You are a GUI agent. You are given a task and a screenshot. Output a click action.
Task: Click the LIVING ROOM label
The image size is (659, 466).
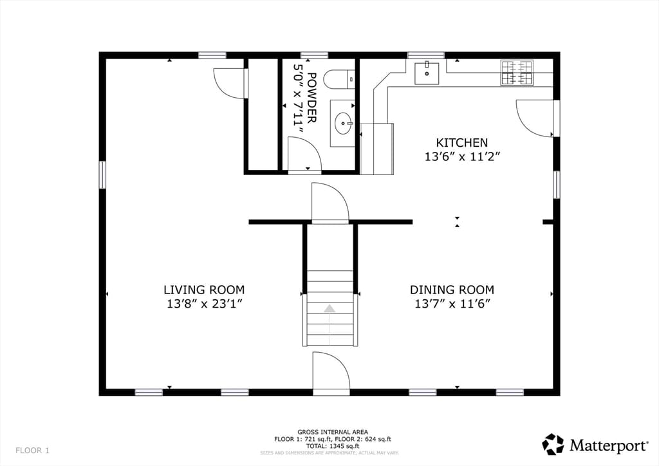point(204,290)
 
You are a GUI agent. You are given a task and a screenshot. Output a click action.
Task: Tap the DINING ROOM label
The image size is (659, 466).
point(452,290)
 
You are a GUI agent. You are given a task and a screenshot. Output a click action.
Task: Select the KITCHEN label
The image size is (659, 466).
point(461,142)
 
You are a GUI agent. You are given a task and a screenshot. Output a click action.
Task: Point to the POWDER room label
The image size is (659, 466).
point(311,97)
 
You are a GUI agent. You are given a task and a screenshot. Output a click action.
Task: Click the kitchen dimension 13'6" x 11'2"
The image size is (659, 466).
point(461,157)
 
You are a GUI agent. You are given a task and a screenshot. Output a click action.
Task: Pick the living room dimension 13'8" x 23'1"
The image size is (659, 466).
point(204,303)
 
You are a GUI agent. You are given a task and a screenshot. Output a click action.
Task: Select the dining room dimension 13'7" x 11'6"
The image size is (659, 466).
point(452,303)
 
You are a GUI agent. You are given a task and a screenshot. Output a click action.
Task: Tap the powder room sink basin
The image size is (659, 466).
point(344,124)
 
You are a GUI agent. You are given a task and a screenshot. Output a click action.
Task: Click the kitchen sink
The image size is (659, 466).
point(427,73)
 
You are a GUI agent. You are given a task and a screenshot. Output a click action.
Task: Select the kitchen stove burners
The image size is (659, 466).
point(517,73)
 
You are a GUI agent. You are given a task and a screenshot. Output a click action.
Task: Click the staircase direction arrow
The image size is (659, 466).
point(329,308)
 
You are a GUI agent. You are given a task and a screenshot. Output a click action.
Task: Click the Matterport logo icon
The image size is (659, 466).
point(552,445)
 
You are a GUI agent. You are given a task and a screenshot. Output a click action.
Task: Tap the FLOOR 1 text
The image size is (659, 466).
point(32,451)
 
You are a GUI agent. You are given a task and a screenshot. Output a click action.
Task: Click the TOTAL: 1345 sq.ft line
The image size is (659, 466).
point(333,446)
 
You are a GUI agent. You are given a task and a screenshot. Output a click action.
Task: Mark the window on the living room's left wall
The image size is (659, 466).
point(102,175)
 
